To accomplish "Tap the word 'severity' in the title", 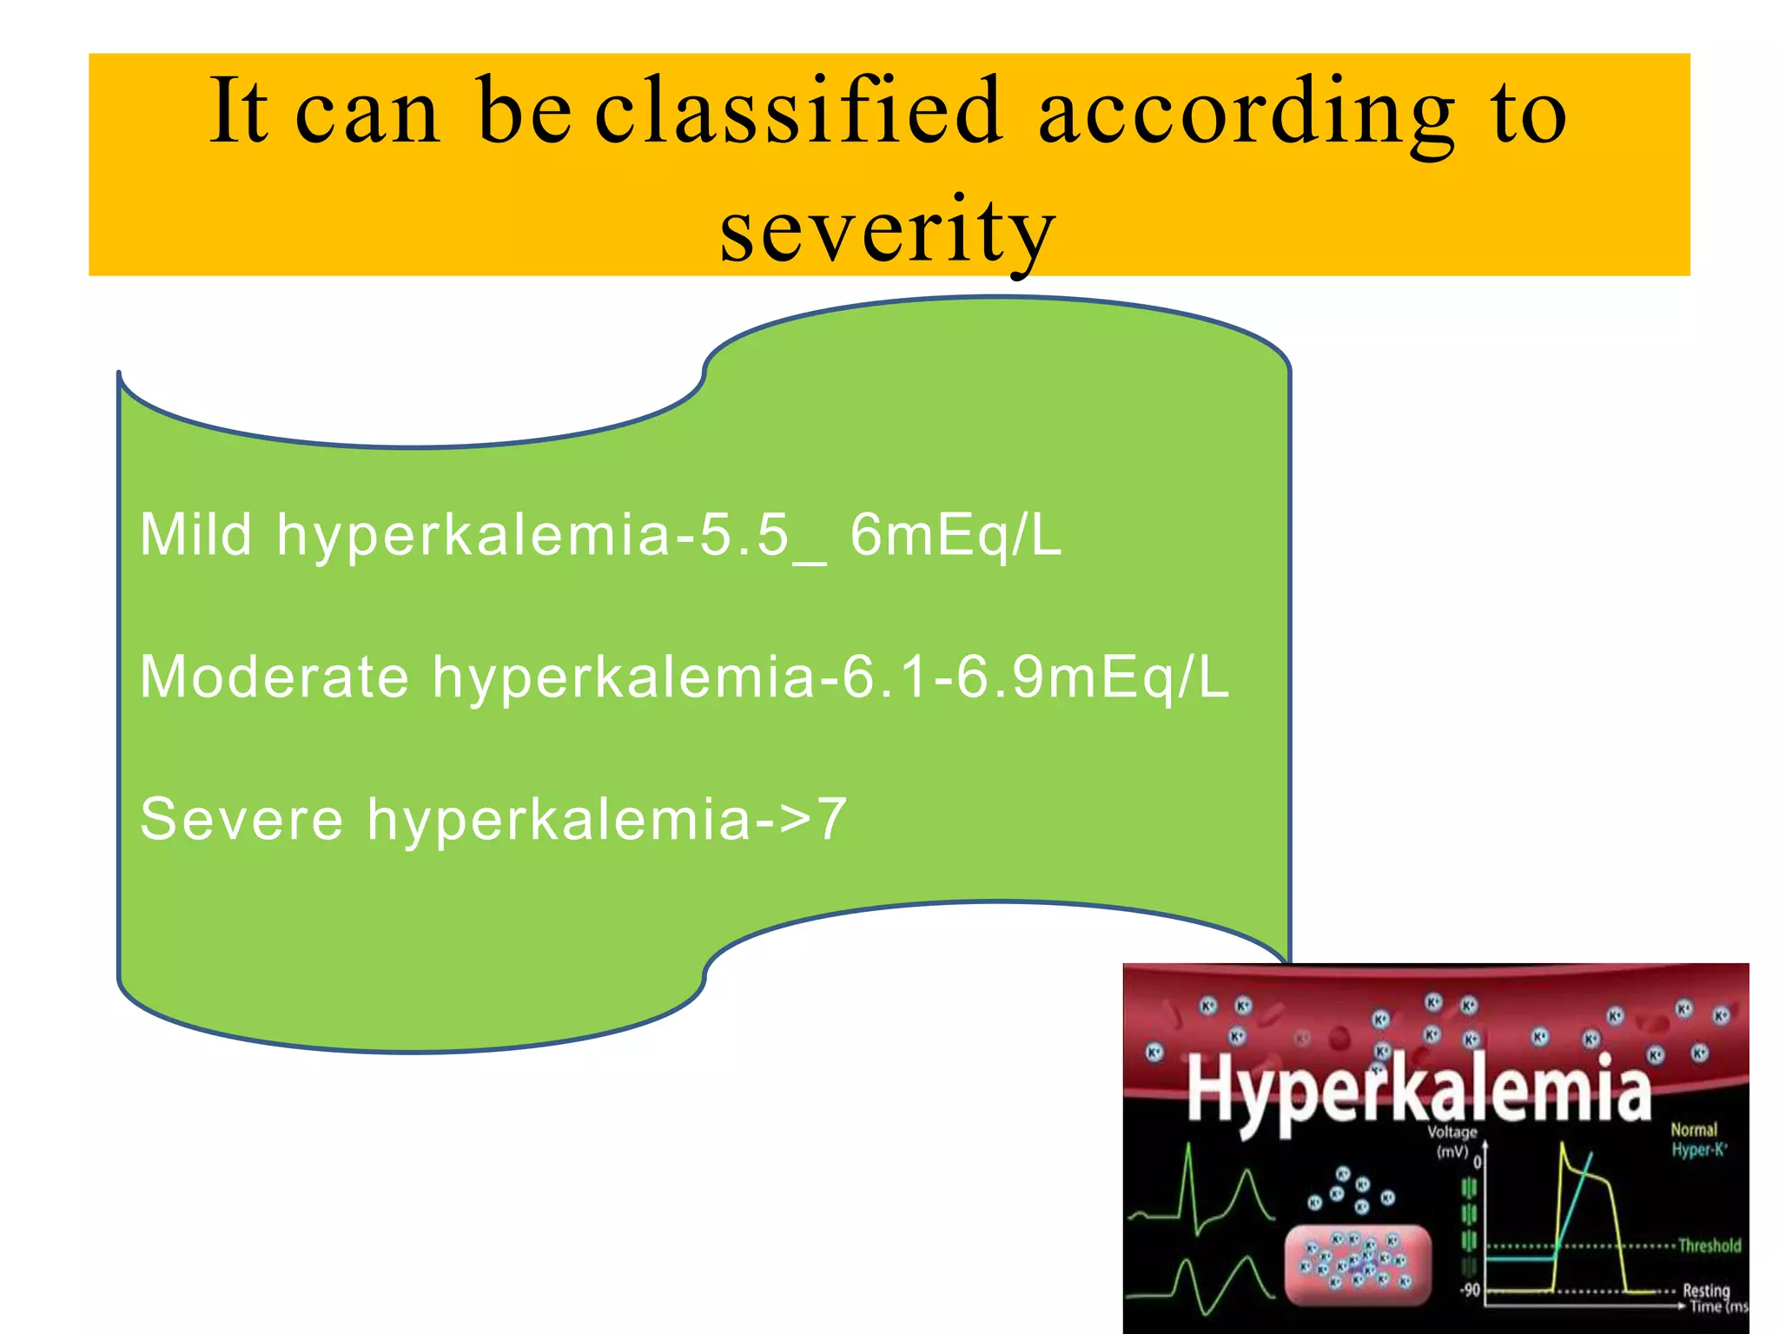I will click(887, 230).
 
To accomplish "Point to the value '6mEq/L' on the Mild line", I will click(956, 535).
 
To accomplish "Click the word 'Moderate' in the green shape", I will click(274, 677).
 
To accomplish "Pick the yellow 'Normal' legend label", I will click(1694, 1130).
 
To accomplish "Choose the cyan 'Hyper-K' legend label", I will click(1699, 1150).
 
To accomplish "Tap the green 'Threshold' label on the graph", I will click(1710, 1245).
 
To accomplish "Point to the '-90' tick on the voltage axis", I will click(1469, 1291).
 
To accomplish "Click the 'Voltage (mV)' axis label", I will click(1452, 1141).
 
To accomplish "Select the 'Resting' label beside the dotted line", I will click(1706, 1290).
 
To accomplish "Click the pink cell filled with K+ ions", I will click(1357, 1265).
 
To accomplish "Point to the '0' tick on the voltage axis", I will click(1476, 1161).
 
